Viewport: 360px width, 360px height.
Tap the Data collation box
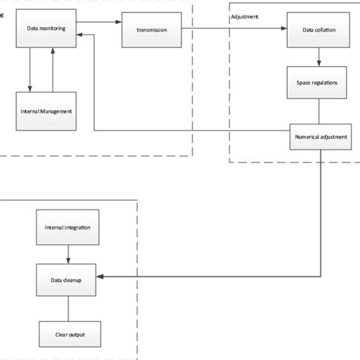(319, 30)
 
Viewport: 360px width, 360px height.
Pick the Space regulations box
(319, 82)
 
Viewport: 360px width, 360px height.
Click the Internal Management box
(46, 111)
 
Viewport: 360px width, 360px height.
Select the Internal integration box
(68, 227)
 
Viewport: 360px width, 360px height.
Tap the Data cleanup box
(68, 279)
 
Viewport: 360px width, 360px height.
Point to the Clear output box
(68, 333)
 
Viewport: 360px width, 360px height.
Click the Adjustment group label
(245, 15)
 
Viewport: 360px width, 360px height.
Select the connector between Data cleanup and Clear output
(68, 307)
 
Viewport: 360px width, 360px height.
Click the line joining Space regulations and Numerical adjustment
(319, 111)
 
